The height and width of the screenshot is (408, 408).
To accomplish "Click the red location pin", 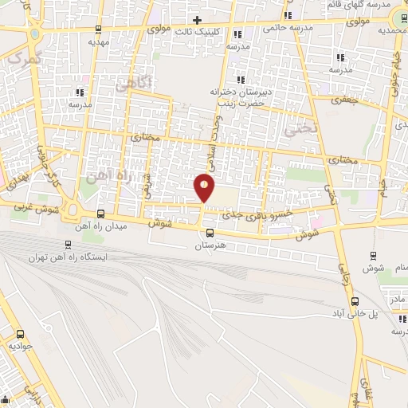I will tap(205, 188).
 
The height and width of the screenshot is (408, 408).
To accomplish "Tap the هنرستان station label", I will tap(210, 246).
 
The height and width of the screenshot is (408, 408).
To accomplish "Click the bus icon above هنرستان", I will tap(210, 233).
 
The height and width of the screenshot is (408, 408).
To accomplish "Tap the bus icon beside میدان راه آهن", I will tap(100, 214).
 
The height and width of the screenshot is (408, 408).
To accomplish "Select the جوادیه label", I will tap(22, 347).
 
